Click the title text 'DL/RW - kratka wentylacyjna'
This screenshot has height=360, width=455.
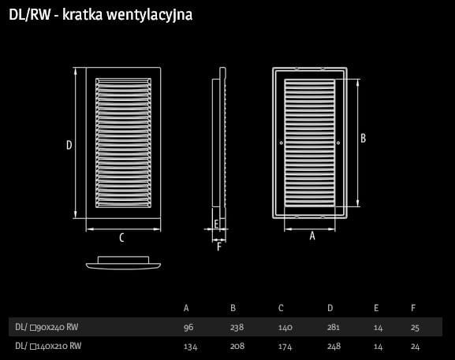(x=100, y=15)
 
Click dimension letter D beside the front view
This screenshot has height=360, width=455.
(x=69, y=145)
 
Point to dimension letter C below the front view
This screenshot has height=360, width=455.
(x=122, y=238)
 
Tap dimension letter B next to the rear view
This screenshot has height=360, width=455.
(x=363, y=139)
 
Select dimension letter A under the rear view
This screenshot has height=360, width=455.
(x=312, y=236)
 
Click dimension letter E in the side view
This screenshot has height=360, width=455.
(x=216, y=224)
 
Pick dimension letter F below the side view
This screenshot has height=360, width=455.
(x=219, y=247)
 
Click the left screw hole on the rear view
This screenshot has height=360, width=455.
(x=282, y=143)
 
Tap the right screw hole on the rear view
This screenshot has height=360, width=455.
(x=338, y=143)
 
